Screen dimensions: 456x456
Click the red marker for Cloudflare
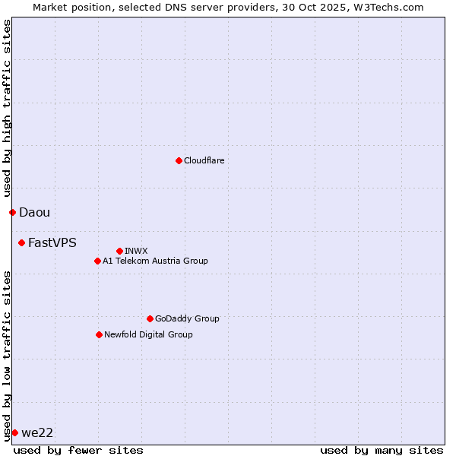click(179, 160)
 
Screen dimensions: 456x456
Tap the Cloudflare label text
click(204, 160)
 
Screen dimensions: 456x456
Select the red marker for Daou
click(12, 212)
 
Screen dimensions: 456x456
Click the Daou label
click(34, 213)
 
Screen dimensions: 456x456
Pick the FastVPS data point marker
click(21, 242)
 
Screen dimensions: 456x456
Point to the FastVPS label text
click(52, 243)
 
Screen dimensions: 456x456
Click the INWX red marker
click(119, 251)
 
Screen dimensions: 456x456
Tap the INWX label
click(136, 251)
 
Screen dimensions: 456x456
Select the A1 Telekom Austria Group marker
click(97, 261)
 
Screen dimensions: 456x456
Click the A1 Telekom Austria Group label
click(155, 261)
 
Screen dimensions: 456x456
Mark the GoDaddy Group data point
click(150, 318)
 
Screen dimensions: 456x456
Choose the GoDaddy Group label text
click(186, 318)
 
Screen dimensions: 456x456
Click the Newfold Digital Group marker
click(99, 334)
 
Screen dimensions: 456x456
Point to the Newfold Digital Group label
click(148, 334)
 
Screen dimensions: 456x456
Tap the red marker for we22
click(14, 432)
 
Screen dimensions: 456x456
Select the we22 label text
click(37, 433)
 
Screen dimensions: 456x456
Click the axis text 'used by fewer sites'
click(78, 450)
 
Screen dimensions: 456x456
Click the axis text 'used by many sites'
click(382, 450)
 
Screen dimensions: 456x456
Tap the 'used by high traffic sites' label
click(7, 109)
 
